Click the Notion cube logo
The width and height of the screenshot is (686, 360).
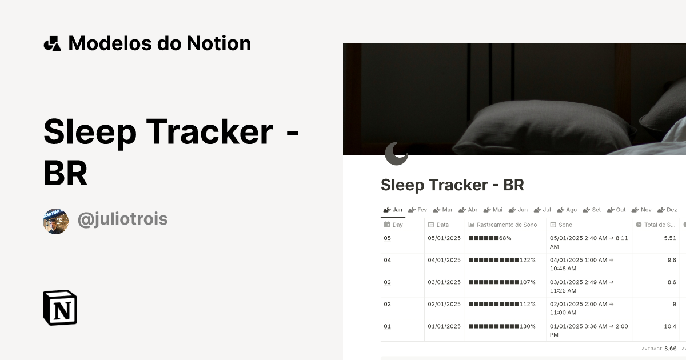[60, 307]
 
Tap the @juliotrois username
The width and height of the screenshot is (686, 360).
[122, 219]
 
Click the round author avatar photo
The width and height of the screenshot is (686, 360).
[55, 221]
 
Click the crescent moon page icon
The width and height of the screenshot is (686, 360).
[396, 153]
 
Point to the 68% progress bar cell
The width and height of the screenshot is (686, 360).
[490, 238]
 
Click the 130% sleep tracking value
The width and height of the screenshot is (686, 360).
[501, 326]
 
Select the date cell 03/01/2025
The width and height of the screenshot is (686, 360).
[444, 282]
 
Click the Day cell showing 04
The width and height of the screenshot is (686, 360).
[388, 260]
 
